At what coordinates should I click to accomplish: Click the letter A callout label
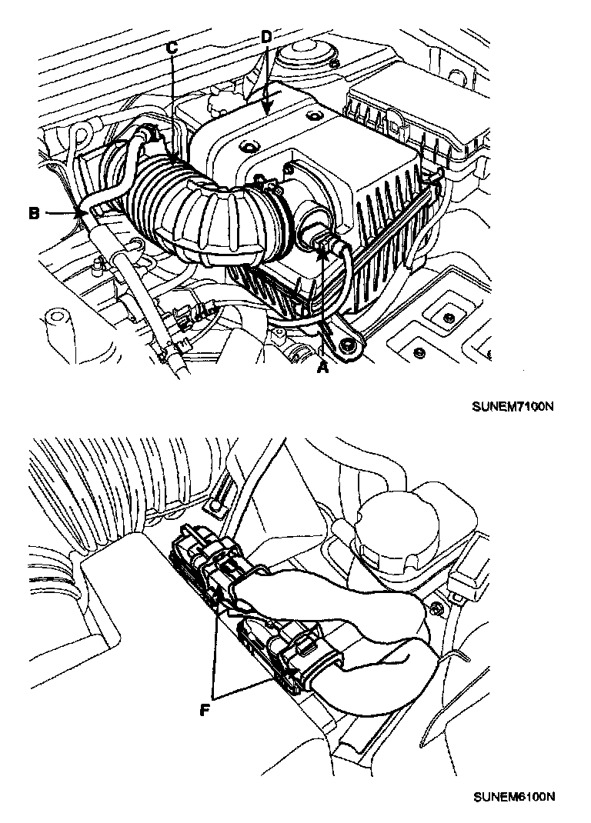pyautogui.click(x=323, y=368)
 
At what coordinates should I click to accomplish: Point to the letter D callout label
pyautogui.click(x=265, y=36)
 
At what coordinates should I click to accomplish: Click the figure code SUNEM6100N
pyautogui.click(x=513, y=795)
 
